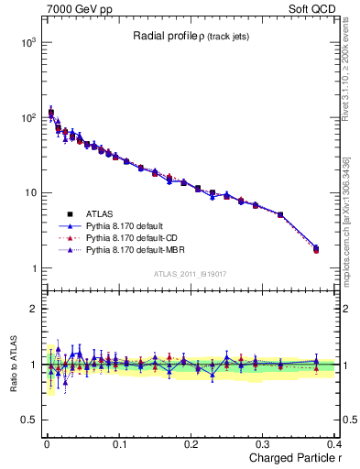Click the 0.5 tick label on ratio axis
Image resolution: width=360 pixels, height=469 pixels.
pyautogui.click(x=28, y=420)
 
